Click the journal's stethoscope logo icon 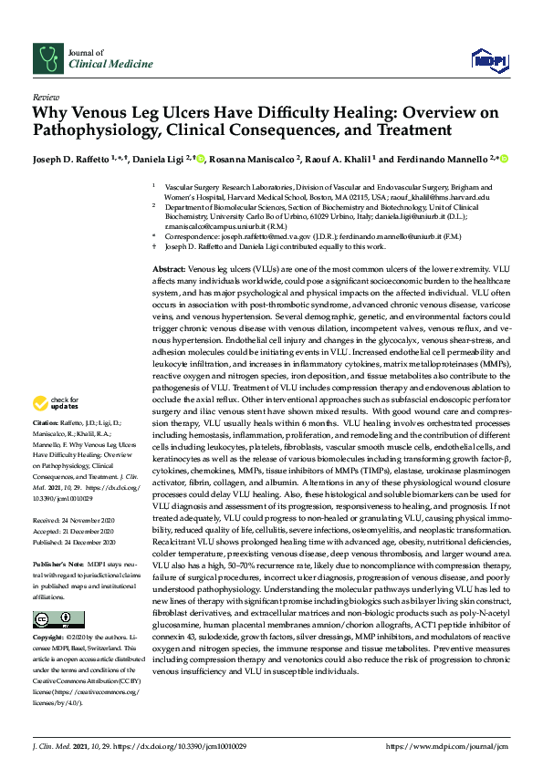[x=45, y=58]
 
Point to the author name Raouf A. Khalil [x=341, y=159]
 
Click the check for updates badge [x=57, y=403]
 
